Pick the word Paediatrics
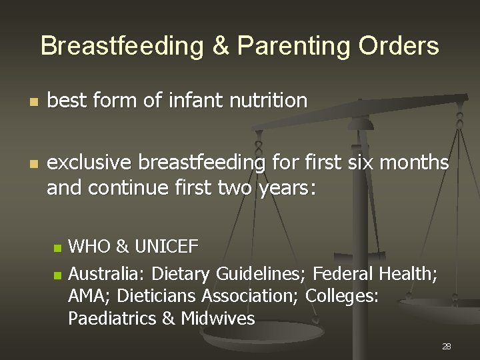point(112,319)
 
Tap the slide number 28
point(447,346)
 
